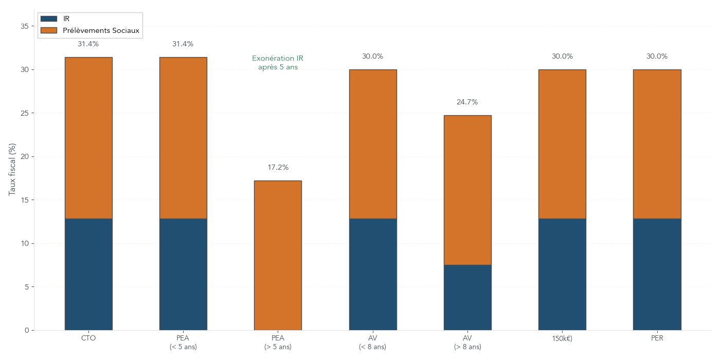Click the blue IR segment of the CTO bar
[x=88, y=274]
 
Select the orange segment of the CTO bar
[x=88, y=138]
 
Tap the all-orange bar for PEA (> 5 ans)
[x=278, y=255]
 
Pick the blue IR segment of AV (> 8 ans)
[x=467, y=297]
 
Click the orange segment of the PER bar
[x=657, y=144]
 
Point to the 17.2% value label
[x=278, y=168]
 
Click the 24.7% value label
[x=467, y=102]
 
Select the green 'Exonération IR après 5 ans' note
[x=278, y=63]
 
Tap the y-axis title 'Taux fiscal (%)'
[x=12, y=169]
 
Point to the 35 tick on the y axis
[x=24, y=26]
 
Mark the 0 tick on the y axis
[x=26, y=330]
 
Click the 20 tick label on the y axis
[x=24, y=156]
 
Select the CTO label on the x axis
[x=88, y=338]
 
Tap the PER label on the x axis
[x=657, y=338]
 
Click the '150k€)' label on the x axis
[x=562, y=339]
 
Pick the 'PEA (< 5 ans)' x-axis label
[x=183, y=343]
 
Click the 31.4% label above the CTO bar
[x=88, y=44]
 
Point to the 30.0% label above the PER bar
[x=657, y=57]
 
